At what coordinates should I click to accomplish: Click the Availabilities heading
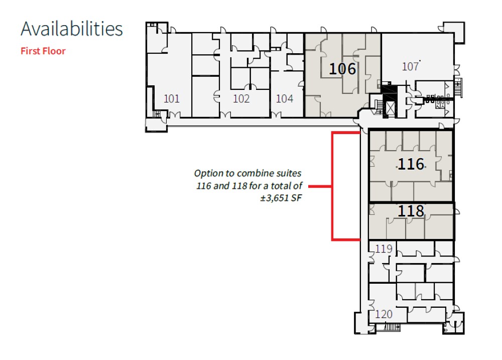pos(72,29)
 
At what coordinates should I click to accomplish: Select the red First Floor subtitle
pos(43,51)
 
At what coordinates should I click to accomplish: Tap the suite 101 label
pos(172,98)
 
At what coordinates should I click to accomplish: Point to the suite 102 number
pos(241,98)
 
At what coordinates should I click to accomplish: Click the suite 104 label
pos(285,98)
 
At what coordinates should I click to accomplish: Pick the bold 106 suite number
pos(342,69)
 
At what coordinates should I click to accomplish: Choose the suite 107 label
pos(411,67)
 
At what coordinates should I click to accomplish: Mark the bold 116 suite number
pos(411,164)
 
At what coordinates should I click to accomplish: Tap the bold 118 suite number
pos(411,211)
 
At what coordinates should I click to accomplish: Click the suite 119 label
pos(384,249)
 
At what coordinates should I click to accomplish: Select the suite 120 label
pos(384,314)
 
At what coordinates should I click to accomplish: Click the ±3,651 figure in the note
pos(275,198)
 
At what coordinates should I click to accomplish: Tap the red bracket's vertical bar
pos(332,186)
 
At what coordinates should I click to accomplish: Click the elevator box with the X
pos(390,108)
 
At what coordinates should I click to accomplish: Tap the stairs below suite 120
pos(392,327)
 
